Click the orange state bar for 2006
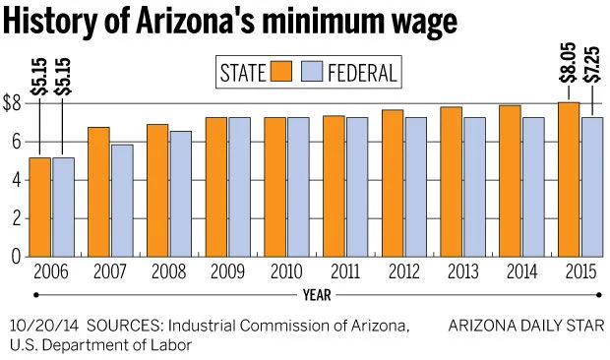point(39,207)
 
